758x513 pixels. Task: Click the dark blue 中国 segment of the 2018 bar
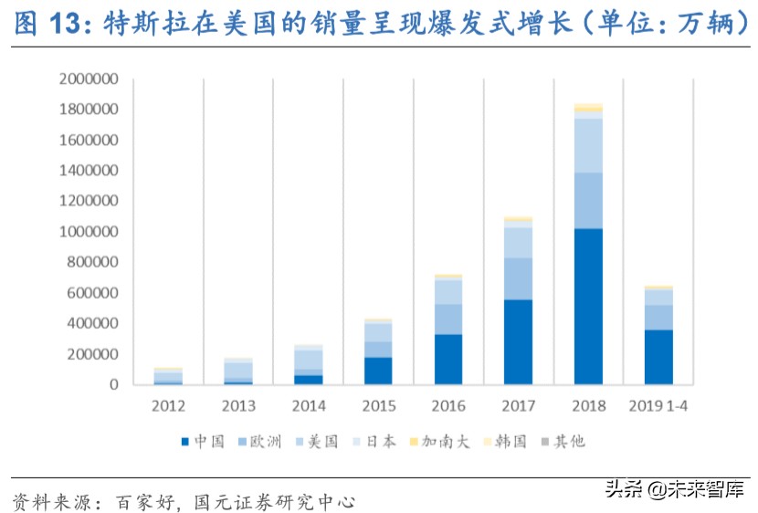coord(588,306)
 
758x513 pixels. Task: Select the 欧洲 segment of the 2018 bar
coord(588,200)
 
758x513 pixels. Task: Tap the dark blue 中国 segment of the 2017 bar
coord(518,341)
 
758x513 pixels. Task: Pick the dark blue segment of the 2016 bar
coord(447,359)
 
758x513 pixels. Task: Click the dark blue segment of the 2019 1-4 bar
coord(658,357)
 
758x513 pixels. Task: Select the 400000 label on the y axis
coord(91,323)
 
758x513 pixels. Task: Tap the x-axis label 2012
coord(167,404)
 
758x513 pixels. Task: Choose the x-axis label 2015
coord(377,404)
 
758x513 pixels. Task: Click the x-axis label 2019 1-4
coord(658,404)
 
